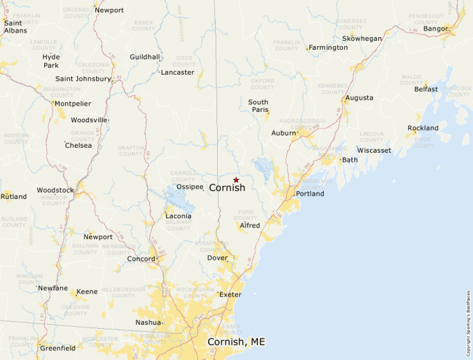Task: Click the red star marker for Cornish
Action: pyautogui.click(x=236, y=180)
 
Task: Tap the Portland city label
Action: pyautogui.click(x=310, y=193)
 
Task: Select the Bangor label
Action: pyautogui.click(x=435, y=28)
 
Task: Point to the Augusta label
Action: pyautogui.click(x=359, y=98)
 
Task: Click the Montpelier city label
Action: pyautogui.click(x=73, y=104)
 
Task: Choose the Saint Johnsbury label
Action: pyautogui.click(x=83, y=79)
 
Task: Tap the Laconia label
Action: pyautogui.click(x=178, y=216)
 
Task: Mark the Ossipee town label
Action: pyautogui.click(x=189, y=187)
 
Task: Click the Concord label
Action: pyautogui.click(x=141, y=259)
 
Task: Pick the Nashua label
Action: pyautogui.click(x=149, y=323)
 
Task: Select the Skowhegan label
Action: pyautogui.click(x=362, y=39)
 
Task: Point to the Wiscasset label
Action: pyautogui.click(x=374, y=150)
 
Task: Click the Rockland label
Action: pyautogui.click(x=423, y=128)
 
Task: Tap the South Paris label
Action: pyautogui.click(x=258, y=106)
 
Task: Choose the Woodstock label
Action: pyautogui.click(x=55, y=190)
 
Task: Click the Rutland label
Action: pyautogui.click(x=14, y=197)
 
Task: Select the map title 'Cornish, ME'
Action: pyautogui.click(x=236, y=342)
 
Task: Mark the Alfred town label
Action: pyautogui.click(x=250, y=225)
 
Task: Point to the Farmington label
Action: pyautogui.click(x=328, y=48)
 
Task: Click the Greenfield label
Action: pyautogui.click(x=58, y=348)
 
